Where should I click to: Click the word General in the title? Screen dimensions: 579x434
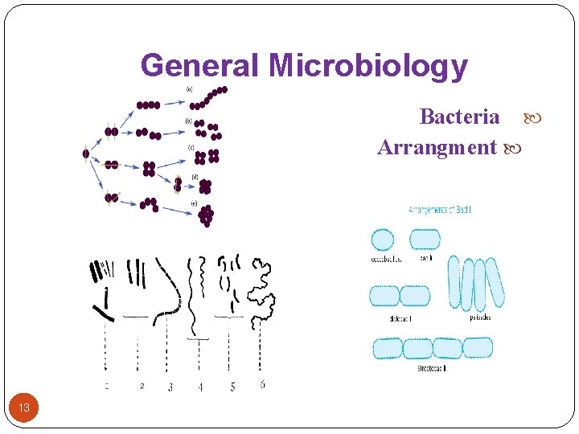[200, 66]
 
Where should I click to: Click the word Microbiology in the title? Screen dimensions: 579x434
[368, 66]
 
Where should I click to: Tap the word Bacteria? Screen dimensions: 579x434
[459, 117]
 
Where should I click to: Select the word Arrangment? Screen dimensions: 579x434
[437, 148]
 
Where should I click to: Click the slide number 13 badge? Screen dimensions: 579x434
[24, 407]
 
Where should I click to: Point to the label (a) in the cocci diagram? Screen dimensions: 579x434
[190, 89]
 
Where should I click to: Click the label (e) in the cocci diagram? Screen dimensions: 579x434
[194, 204]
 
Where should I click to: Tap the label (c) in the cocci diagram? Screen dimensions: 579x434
[191, 148]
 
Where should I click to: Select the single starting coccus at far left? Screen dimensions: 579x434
[86, 154]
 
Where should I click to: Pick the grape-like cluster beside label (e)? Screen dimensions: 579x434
[207, 215]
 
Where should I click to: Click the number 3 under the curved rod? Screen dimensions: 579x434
[170, 387]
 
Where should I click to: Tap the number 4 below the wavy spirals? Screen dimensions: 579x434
[200, 387]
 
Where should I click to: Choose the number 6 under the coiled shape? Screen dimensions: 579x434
[263, 385]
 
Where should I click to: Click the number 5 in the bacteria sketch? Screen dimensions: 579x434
[232, 387]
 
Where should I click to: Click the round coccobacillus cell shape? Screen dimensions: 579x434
[383, 240]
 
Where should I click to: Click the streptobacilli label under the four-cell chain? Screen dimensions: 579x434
[432, 367]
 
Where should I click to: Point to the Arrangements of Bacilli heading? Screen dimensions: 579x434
[441, 211]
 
